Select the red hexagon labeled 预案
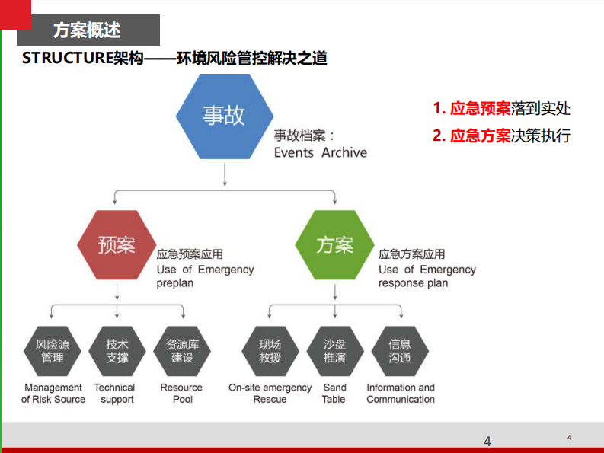117,245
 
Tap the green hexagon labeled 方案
334,245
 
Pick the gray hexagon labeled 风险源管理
52,351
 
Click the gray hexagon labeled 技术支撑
117,351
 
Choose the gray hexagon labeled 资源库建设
182,351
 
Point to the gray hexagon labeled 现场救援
270,351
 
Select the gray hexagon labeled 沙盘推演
334,351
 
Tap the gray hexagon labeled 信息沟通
400,351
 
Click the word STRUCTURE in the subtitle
67,58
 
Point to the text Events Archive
320,152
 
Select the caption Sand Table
334,393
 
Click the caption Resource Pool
181,393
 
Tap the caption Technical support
117,393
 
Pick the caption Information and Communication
400,393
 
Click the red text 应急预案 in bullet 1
480,108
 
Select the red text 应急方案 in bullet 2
480,136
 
